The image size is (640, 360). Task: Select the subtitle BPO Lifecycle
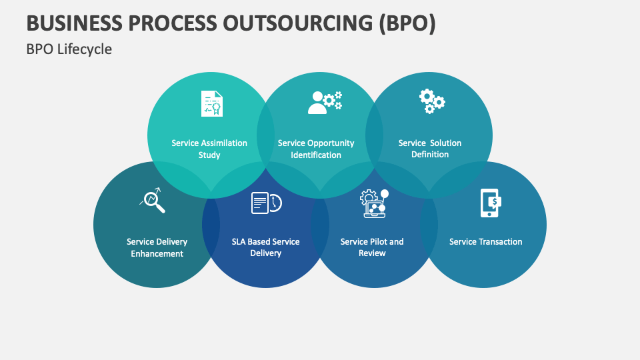[x=69, y=49]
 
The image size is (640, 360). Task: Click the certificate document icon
[x=212, y=103]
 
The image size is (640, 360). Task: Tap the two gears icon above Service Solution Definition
[x=431, y=101]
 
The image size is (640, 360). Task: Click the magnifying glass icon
[x=153, y=199]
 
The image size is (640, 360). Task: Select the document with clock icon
[x=265, y=203]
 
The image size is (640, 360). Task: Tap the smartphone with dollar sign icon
[x=490, y=203]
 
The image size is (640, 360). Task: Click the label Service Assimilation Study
[x=209, y=149]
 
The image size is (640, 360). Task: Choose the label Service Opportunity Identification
[x=316, y=149]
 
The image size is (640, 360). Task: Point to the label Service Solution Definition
[x=430, y=149]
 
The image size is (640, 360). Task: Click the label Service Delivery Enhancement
[x=157, y=247]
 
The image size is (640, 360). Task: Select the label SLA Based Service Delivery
[x=265, y=247]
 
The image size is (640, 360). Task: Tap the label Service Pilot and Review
[x=372, y=247]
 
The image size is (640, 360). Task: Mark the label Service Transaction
[x=486, y=241]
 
